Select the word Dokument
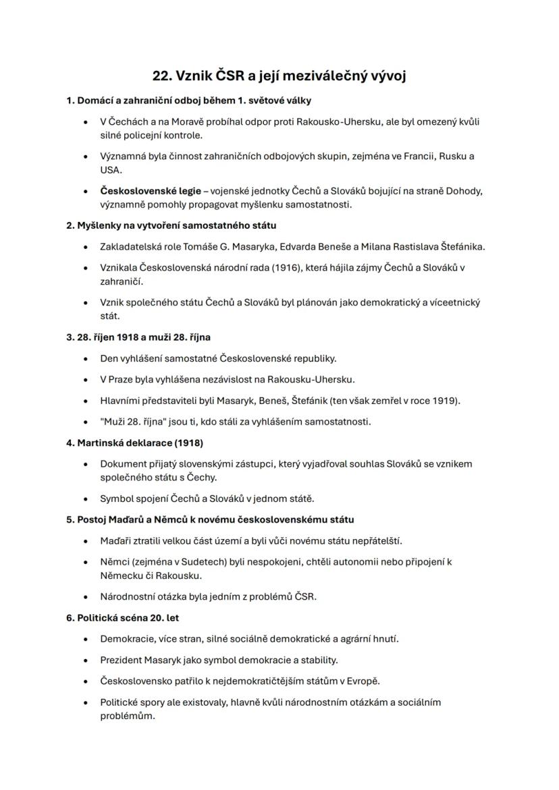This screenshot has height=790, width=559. point(122,463)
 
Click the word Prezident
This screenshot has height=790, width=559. point(122,659)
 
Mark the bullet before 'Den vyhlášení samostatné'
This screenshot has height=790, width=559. point(85,358)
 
